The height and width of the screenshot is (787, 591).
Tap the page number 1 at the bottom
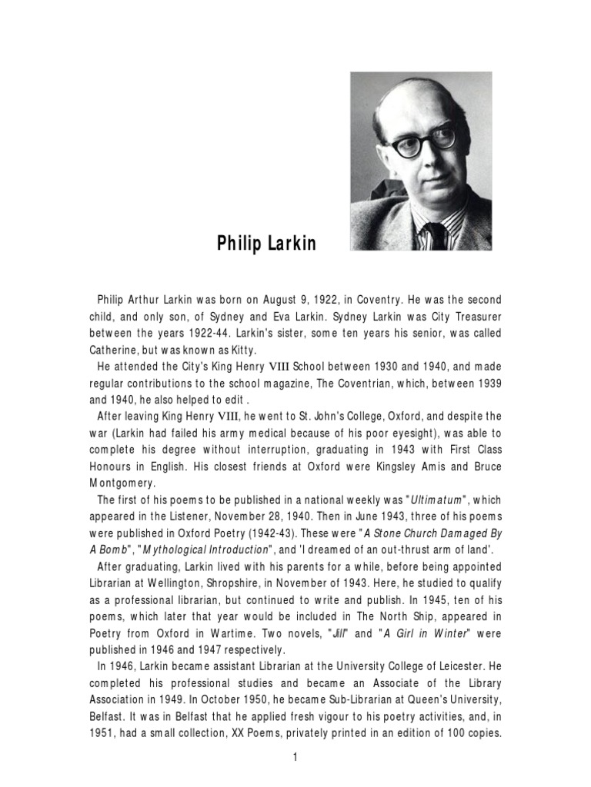click(x=295, y=757)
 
